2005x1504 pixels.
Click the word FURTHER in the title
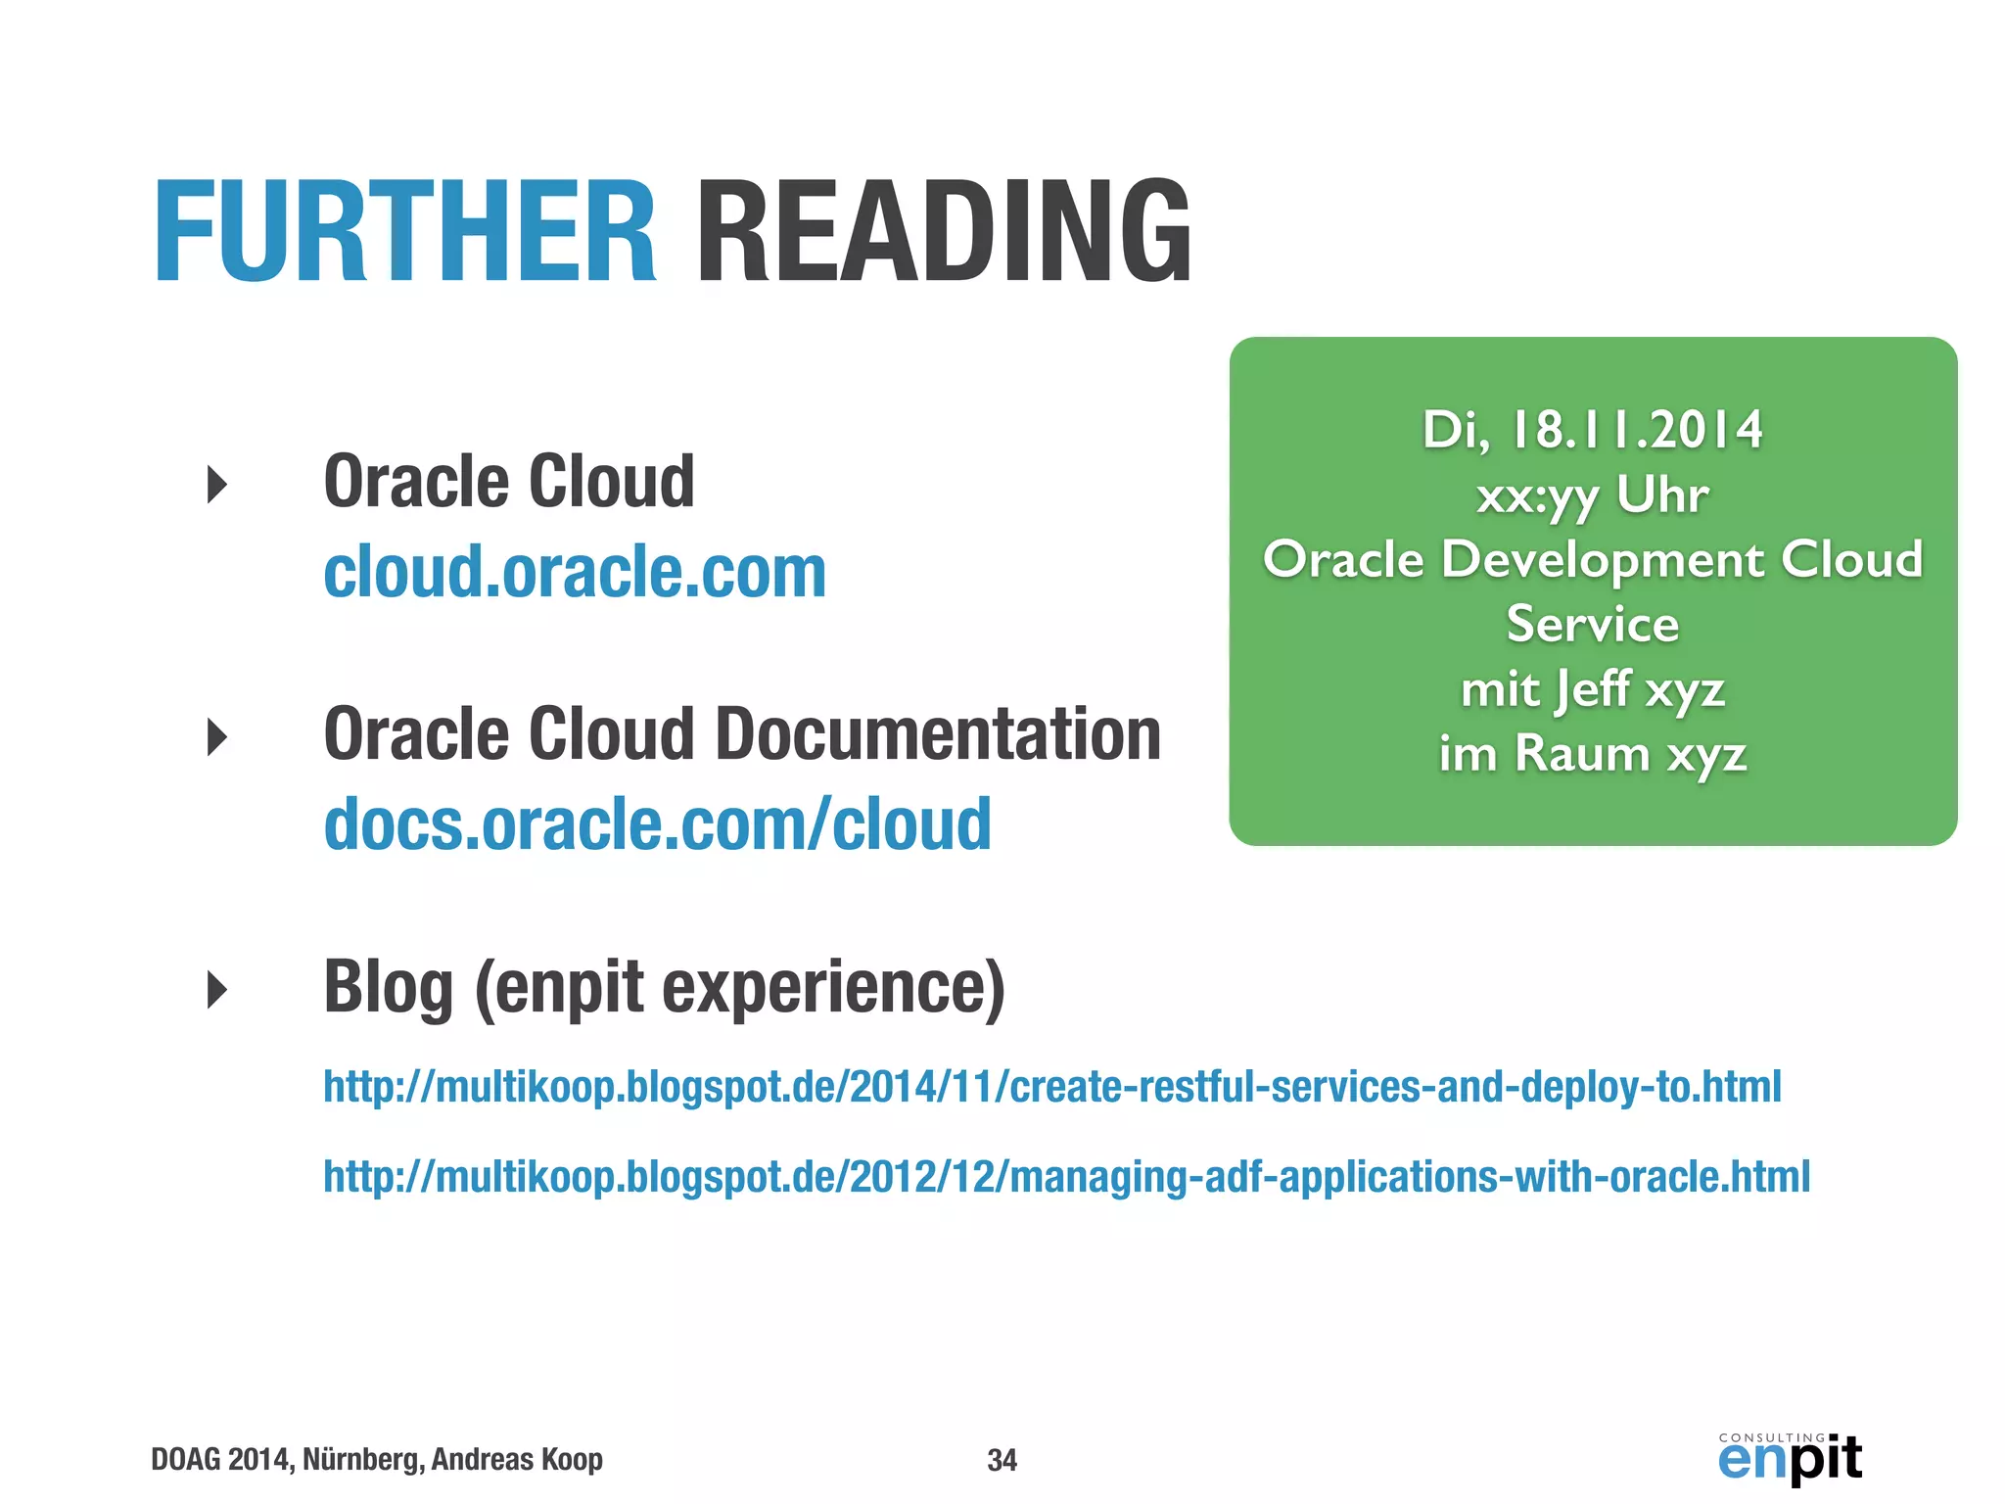tap(404, 233)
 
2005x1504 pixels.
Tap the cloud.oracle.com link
tap(575, 572)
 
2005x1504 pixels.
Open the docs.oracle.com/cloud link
tap(657, 824)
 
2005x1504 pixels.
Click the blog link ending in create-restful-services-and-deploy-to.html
tap(1051, 1087)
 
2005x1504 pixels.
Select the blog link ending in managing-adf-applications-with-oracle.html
tap(1066, 1177)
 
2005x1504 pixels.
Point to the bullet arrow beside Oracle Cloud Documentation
tap(217, 736)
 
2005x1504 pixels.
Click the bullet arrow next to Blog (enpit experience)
tap(217, 989)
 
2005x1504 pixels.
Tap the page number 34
tap(1002, 1460)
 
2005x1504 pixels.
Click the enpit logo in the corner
tap(1790, 1458)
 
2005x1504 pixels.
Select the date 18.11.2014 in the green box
tap(1636, 430)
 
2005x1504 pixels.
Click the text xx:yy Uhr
tap(1592, 495)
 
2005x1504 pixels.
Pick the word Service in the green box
tap(1592, 625)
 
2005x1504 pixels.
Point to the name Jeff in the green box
tap(1592, 688)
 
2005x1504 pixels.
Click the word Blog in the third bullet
tap(388, 987)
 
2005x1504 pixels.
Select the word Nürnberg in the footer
tap(362, 1460)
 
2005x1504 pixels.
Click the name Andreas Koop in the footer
tap(517, 1460)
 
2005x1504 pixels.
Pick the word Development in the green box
tap(1603, 560)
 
